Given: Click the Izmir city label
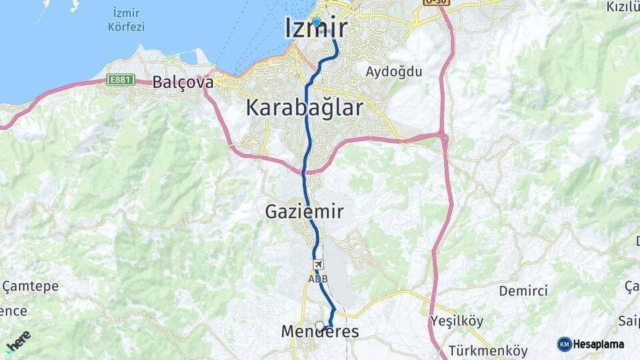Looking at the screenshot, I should [316, 29].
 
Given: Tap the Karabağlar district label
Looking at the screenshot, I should [305, 107].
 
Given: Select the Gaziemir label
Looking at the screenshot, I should [305, 212].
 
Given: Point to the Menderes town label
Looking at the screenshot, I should [320, 332].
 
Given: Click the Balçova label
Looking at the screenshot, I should [183, 83].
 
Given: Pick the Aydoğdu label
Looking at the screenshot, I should [394, 71].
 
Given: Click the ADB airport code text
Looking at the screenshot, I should [317, 278].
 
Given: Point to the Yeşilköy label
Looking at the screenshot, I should [457, 321].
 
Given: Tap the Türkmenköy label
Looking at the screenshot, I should [488, 351].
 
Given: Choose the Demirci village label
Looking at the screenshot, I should [523, 291].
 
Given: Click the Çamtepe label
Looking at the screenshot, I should [31, 287].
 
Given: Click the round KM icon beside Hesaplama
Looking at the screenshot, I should [564, 344].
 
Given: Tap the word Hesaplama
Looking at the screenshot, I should [599, 344].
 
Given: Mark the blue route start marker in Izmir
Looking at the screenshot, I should [316, 21].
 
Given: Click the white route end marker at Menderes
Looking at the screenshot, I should [320, 325].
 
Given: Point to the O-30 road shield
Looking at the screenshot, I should [437, 2].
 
